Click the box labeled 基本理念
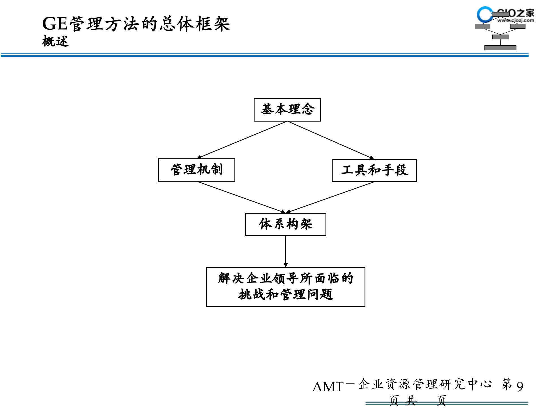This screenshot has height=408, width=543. (287, 110)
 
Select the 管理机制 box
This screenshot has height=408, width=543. (197, 170)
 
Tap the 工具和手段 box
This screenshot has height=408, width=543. (374, 170)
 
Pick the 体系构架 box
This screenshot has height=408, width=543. (285, 224)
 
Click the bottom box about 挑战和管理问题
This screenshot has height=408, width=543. (285, 287)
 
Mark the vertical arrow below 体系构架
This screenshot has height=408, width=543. (286, 251)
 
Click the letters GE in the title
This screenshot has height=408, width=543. (55, 24)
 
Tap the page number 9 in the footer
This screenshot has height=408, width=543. (520, 386)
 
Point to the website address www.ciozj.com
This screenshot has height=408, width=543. (516, 20)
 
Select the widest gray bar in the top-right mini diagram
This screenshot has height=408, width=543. (500, 48)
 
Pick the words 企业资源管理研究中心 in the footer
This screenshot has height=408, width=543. (425, 384)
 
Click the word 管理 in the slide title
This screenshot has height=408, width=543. (86, 24)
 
